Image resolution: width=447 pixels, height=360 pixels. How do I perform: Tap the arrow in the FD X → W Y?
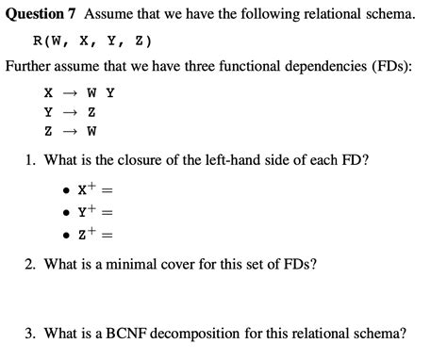click(x=67, y=93)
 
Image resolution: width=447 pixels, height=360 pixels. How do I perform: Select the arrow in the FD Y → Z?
click(x=67, y=111)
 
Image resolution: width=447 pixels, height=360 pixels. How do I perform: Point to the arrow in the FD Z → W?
click(x=67, y=129)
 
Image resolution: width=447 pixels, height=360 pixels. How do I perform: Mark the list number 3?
click(x=30, y=333)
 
